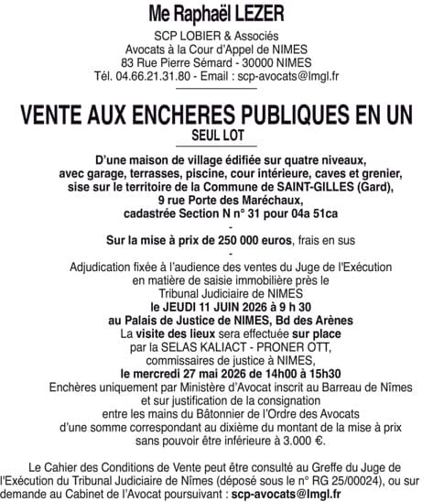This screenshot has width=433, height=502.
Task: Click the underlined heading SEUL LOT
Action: click(x=216, y=136)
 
